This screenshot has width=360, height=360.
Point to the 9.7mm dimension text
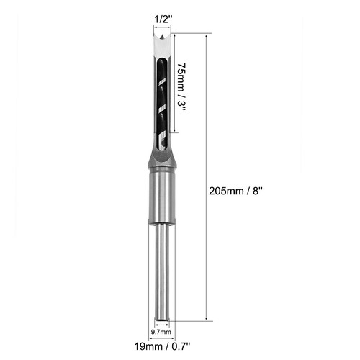click(161, 333)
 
